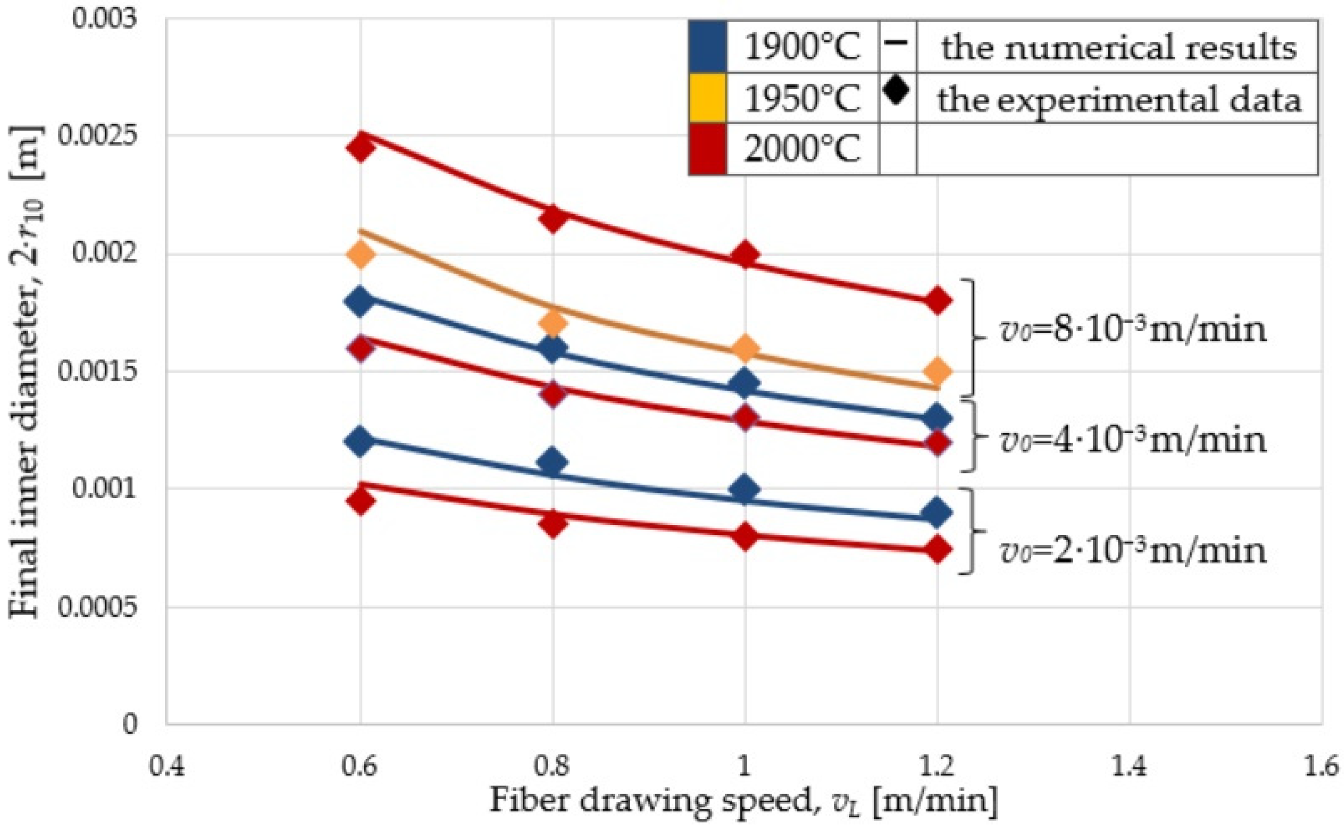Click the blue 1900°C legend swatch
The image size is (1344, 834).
coord(708,46)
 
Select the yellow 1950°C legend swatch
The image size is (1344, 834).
coord(708,98)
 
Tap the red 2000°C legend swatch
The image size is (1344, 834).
coord(708,149)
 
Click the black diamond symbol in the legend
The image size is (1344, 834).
coord(896,90)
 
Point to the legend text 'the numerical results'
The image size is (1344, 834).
coord(1118,47)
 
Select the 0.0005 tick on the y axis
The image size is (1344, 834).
coord(96,607)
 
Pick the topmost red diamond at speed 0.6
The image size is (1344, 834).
coord(360,148)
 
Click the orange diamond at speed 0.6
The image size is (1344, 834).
coord(360,255)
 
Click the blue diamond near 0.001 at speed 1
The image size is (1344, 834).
coord(745,489)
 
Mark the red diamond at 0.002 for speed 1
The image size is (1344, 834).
coord(745,255)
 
